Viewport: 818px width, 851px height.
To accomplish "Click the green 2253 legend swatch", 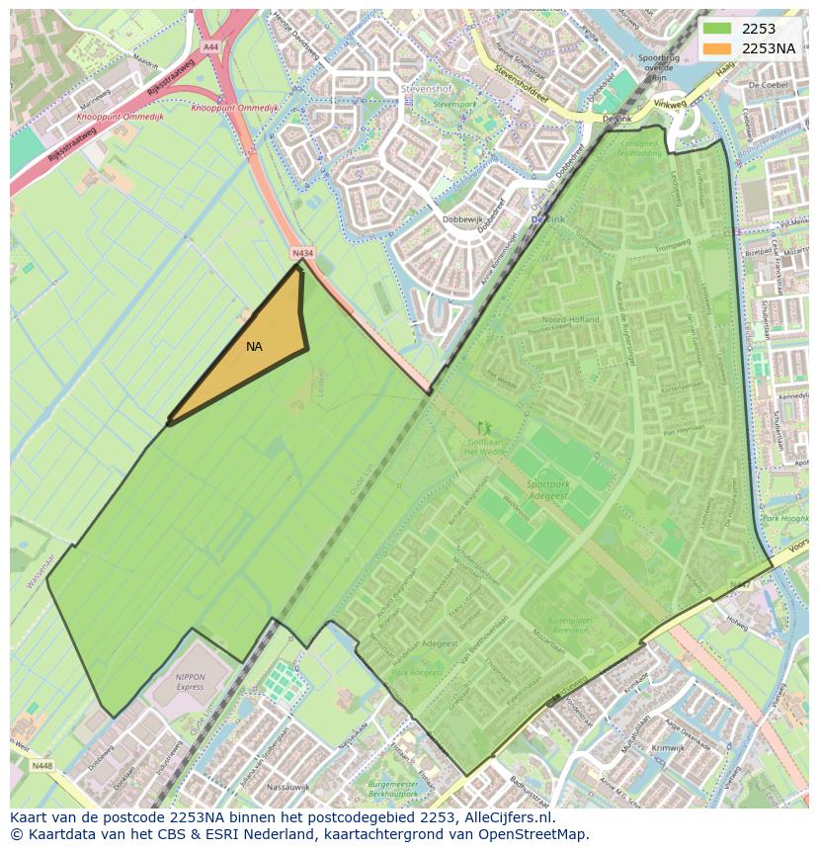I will pyautogui.click(x=716, y=29).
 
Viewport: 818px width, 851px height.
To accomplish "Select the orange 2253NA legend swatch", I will pyautogui.click(x=716, y=48).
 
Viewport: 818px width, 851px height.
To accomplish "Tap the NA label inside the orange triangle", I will pyautogui.click(x=255, y=347).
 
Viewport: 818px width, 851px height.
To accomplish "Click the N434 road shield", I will pyautogui.click(x=302, y=254).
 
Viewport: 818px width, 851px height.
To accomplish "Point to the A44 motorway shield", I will pyautogui.click(x=210, y=46).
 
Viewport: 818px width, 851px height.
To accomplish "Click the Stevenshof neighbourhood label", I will pyautogui.click(x=426, y=89).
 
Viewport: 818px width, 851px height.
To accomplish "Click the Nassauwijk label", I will pyautogui.click(x=288, y=787).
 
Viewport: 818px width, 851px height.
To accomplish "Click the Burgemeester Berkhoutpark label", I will pyautogui.click(x=394, y=788).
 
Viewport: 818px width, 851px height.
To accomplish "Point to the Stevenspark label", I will pyautogui.click(x=454, y=104).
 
